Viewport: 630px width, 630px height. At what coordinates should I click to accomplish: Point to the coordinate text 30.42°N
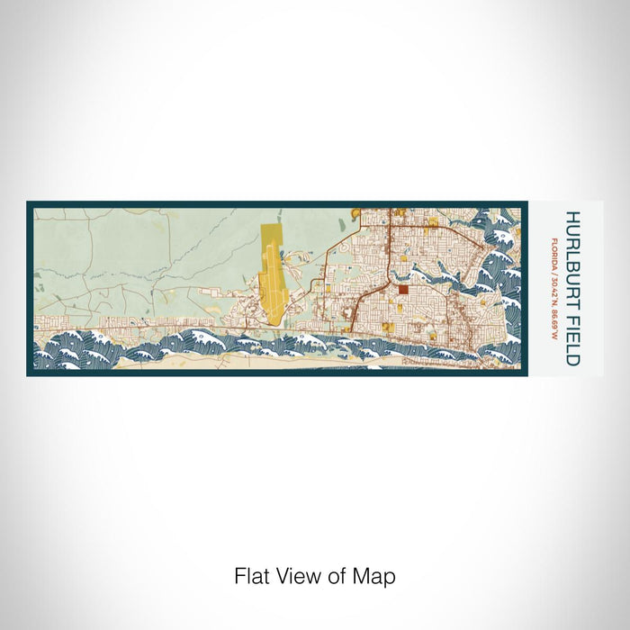tap(554, 288)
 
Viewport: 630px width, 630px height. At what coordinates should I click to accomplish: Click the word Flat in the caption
tap(250, 576)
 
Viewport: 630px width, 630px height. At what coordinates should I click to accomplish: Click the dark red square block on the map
tap(403, 290)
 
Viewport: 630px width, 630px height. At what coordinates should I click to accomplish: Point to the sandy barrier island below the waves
tap(225, 362)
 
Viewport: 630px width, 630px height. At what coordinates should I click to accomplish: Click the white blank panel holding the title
tap(565, 360)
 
